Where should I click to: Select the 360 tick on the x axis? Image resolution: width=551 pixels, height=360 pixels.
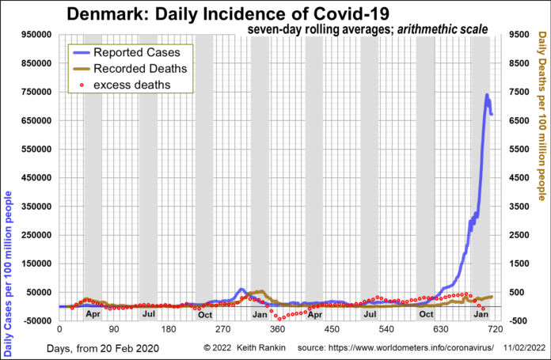[x=277, y=328]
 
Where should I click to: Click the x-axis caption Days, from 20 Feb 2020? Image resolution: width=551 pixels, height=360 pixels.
[x=103, y=348]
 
